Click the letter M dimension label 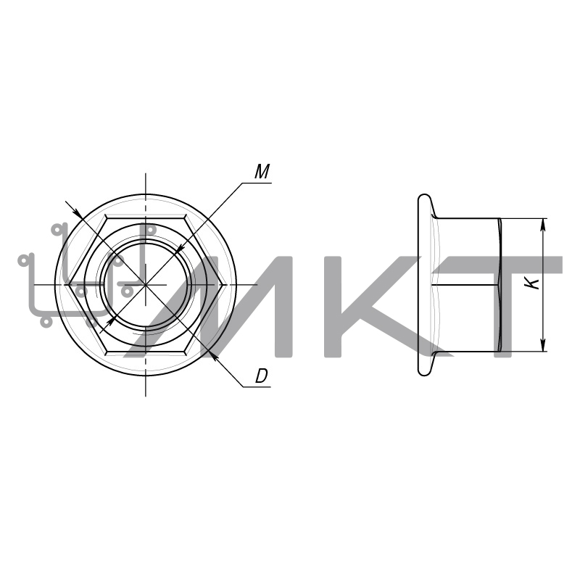coord(262,172)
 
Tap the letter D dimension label coord(261,376)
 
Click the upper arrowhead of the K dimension coord(543,224)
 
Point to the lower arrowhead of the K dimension coord(543,346)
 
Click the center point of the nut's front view coord(146,285)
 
